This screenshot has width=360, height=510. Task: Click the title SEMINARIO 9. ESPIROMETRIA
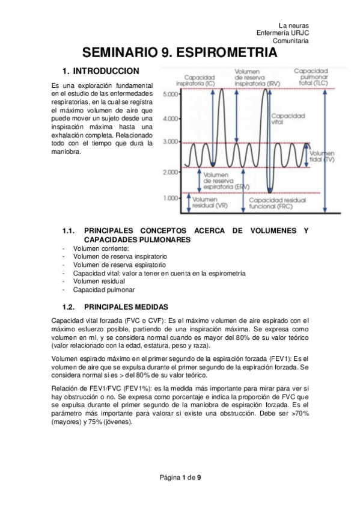[180, 53]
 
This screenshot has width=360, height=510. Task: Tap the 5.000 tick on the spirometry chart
[171, 95]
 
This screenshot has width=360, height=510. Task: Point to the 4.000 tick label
[171, 119]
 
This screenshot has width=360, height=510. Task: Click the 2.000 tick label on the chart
[171, 172]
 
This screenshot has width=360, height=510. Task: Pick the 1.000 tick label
[171, 197]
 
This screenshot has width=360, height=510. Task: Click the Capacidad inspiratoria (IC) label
[200, 80]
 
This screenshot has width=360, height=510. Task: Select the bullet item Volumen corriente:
[101, 248]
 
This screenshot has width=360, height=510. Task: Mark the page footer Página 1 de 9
[180, 478]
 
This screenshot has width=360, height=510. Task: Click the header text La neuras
[294, 25]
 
